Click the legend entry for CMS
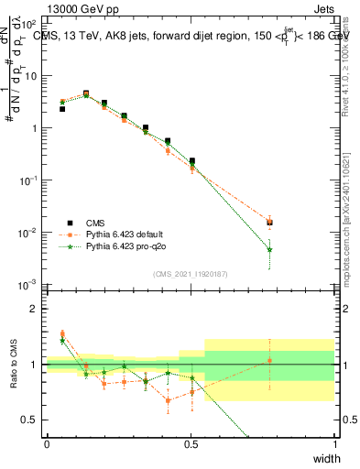94,222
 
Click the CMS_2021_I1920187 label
191,273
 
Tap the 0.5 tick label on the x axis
191,443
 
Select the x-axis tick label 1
334,443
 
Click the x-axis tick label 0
47,443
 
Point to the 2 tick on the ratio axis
35,310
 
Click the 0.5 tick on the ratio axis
31,420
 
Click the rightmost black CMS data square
269,222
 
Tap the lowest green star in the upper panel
269,249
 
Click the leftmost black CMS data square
62,109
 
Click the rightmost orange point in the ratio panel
269,360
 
